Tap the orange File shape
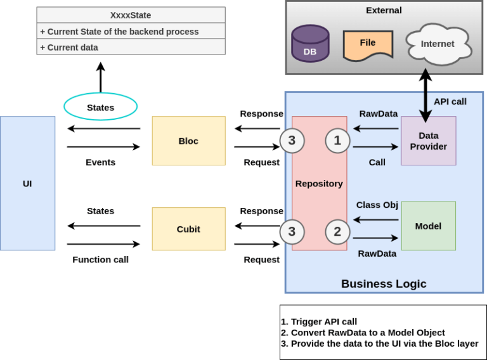pos(367,44)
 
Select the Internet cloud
pos(438,44)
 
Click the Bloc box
pos(188,141)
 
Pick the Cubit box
pos(188,229)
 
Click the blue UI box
pos(27,183)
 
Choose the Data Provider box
pos(428,141)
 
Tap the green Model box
pos(428,226)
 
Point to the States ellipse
pos(100,107)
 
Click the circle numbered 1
pos(337,141)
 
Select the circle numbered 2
pos(337,231)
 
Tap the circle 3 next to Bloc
pos(292,141)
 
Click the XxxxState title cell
pos(131,15)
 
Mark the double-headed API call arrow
pos(425,95)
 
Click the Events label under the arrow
pos(100,162)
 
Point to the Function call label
pos(100,259)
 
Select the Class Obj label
pos(377,205)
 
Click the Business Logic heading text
pos(384,283)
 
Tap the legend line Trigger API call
pos(319,322)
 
